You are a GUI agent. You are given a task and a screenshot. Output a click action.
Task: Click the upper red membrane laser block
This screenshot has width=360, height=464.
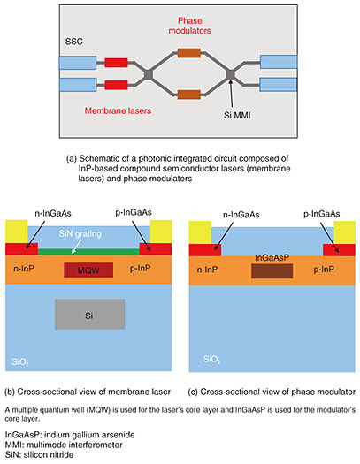point(116,63)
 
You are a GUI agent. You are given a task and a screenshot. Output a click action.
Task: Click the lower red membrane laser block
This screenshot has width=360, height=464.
point(116,85)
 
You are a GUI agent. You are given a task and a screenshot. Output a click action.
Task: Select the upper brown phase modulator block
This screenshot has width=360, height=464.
point(189,53)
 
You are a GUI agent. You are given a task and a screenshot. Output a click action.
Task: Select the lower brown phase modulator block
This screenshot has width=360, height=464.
point(189,95)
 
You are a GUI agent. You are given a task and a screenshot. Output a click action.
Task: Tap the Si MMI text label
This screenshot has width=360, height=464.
point(237,115)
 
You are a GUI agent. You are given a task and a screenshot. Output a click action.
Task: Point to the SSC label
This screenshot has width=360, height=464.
point(74,42)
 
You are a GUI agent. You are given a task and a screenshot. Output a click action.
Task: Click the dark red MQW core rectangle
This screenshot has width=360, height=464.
point(88,270)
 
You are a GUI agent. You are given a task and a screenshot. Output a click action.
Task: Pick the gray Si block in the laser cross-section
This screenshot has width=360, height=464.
point(89,315)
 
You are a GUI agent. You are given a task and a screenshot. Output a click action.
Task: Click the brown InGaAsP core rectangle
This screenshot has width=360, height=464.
point(272,271)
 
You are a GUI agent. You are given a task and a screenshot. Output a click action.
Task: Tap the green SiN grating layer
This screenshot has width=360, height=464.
point(88,252)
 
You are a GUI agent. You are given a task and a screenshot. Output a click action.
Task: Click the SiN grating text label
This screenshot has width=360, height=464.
point(80,234)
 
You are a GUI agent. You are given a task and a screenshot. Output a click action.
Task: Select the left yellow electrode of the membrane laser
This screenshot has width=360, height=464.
point(17,232)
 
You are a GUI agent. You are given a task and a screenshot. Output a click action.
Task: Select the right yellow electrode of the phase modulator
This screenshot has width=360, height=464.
point(345,232)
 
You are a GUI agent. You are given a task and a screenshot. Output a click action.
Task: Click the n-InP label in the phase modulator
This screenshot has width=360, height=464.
point(207,270)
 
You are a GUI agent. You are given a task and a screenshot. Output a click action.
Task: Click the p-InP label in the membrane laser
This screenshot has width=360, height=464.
point(141,269)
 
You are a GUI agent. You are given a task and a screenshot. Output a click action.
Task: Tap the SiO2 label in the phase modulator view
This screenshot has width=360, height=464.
point(211,360)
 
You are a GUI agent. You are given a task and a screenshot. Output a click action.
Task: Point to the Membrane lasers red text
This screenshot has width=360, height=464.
point(118,111)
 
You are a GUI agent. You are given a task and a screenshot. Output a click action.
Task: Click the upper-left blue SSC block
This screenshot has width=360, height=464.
point(78,63)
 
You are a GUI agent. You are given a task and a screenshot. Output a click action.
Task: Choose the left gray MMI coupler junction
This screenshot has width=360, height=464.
point(149,74)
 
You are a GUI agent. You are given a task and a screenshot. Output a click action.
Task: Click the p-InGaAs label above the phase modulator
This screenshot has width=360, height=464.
point(322,214)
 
